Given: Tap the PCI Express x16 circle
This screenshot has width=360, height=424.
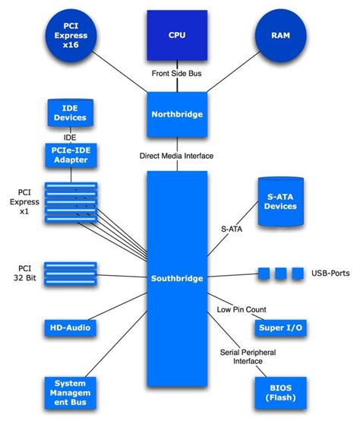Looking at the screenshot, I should pyautogui.click(x=66, y=35).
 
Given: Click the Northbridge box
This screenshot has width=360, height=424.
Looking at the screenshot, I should pyautogui.click(x=176, y=115).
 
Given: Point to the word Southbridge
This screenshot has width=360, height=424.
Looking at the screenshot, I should pyautogui.click(x=176, y=278).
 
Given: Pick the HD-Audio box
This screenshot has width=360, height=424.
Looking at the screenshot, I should pyautogui.click(x=70, y=327).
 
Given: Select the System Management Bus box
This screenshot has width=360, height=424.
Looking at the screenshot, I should pyautogui.click(x=70, y=393).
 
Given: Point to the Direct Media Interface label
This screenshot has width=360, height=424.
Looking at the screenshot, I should pyautogui.click(x=176, y=155).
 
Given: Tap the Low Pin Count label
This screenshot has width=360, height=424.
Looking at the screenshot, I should pyautogui.click(x=241, y=310).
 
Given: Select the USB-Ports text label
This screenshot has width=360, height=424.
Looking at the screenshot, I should pyautogui.click(x=331, y=273).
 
